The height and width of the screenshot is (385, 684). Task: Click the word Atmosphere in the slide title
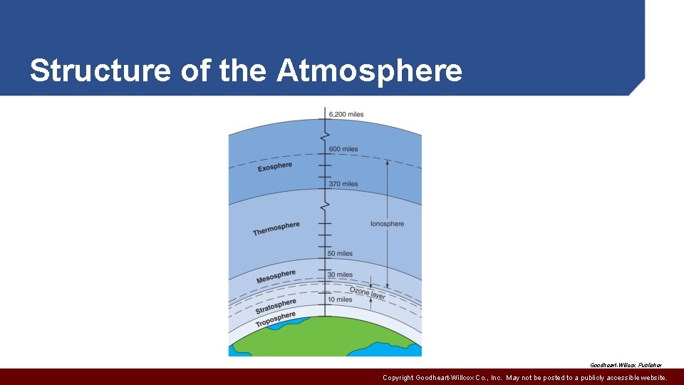[369, 71]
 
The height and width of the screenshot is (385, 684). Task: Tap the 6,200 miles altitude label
[346, 114]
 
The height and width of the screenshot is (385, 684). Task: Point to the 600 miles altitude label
[343, 149]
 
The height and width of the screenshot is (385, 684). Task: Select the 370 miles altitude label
[343, 184]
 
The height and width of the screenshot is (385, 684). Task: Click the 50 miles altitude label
[341, 254]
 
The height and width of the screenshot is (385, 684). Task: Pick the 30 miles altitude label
[341, 274]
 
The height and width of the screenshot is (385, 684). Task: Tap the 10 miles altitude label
[341, 299]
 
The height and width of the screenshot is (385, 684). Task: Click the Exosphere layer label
[275, 167]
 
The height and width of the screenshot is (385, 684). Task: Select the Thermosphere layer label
[276, 228]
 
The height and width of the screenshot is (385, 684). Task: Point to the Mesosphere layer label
[276, 277]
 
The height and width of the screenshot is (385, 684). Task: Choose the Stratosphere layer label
[276, 305]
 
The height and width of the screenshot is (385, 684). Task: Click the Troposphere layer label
[276, 320]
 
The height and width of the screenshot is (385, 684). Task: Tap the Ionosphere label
[387, 224]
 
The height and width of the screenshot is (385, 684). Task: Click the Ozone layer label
[368, 293]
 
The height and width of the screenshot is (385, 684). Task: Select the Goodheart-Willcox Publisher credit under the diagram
[626, 364]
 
